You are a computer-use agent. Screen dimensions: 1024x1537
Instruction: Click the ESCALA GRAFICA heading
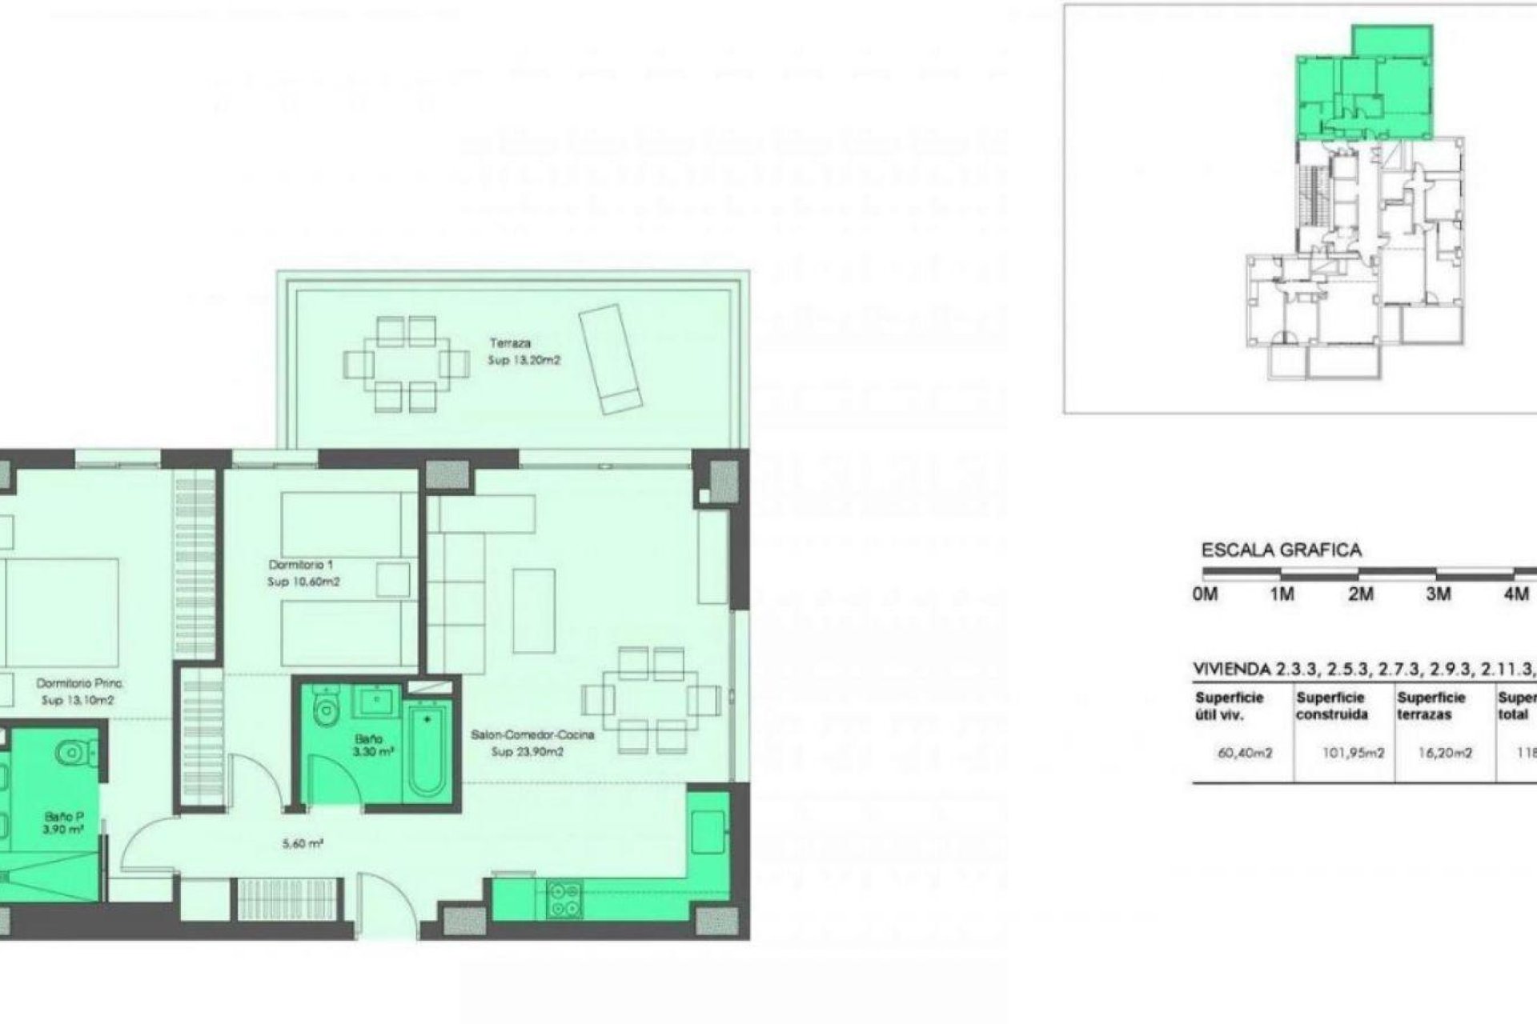pos(1282,551)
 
